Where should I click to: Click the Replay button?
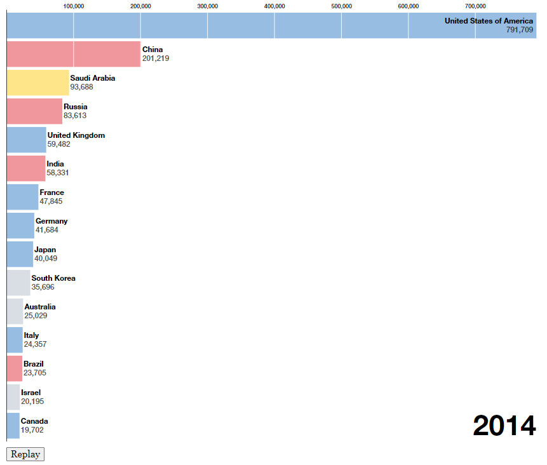[x=25, y=454]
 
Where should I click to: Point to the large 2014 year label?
[x=504, y=426]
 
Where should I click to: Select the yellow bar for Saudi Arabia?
[x=37, y=83]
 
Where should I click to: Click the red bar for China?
[x=73, y=54]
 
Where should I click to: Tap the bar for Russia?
[x=34, y=111]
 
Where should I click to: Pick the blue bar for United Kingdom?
[x=26, y=140]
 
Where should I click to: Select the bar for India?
[x=26, y=168]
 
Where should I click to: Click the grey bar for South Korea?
[x=18, y=283]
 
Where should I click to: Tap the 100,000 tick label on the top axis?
[x=74, y=6]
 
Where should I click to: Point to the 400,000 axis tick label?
[x=274, y=6]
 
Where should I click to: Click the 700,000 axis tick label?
[x=475, y=6]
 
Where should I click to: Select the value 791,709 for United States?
[x=520, y=30]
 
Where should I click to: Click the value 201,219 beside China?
[x=156, y=58]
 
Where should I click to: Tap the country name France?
[x=51, y=192]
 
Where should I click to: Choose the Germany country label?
[x=51, y=221]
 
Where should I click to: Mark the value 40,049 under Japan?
[x=46, y=259]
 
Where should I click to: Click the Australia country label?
[x=40, y=307]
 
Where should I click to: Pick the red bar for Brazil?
[x=15, y=368]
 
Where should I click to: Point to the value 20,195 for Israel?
[x=32, y=401]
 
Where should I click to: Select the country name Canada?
[x=34, y=421]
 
